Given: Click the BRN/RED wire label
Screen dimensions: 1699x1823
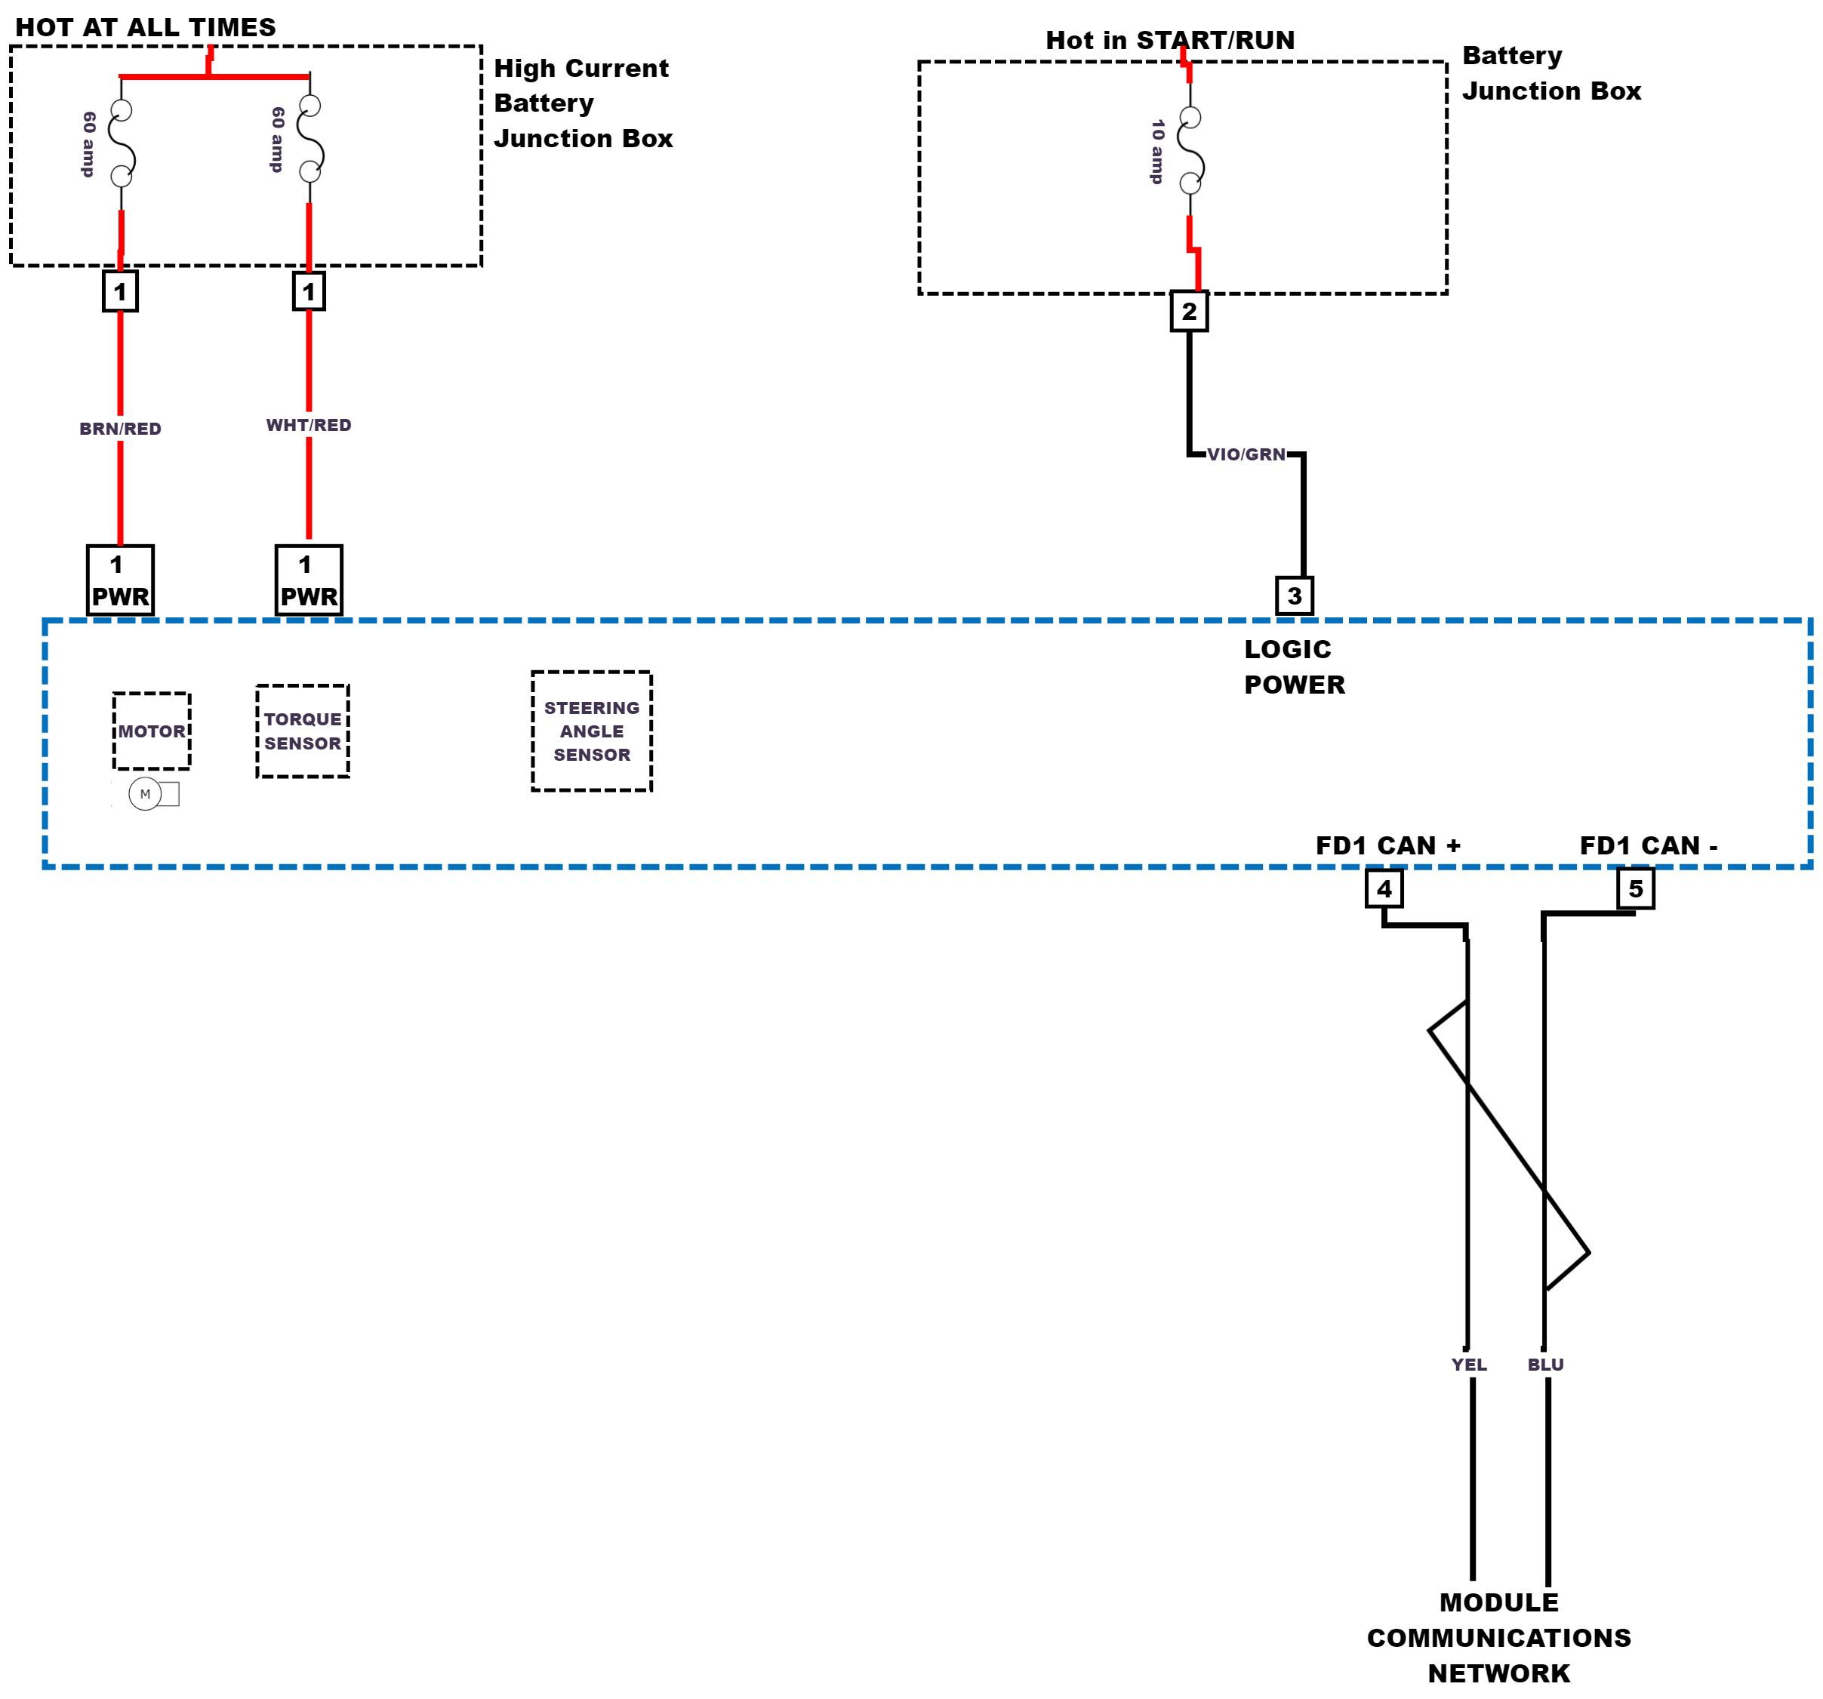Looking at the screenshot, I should [120, 429].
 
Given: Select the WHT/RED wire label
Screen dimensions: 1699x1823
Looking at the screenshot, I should [308, 426].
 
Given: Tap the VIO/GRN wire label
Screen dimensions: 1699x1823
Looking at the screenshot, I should [1246, 455].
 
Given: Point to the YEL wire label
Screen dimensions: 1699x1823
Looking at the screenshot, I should [1469, 1365].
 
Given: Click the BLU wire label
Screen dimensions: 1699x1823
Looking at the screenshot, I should [1545, 1365].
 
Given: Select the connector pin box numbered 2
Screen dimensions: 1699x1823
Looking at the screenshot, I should [1190, 312].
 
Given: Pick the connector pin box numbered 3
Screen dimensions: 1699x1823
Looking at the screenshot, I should [1294, 596].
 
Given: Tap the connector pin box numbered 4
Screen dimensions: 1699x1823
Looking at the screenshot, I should [1384, 888].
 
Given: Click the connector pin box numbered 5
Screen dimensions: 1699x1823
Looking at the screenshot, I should [1635, 888].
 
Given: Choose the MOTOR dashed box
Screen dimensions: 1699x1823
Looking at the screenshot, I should [152, 731].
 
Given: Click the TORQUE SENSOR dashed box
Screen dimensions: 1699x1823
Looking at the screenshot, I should [303, 731].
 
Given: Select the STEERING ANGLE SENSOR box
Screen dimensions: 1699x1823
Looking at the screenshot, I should [592, 731].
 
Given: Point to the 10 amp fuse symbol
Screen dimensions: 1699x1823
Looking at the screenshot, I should [1190, 150].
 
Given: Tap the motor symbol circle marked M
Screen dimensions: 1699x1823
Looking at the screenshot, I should [145, 794].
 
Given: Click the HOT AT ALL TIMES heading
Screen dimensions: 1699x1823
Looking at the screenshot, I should [146, 27].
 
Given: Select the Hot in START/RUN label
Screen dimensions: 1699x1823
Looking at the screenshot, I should [1170, 40].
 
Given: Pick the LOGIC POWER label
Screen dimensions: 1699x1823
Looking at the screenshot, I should [1294, 666].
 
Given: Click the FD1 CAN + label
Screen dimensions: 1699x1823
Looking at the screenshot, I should [1387, 845].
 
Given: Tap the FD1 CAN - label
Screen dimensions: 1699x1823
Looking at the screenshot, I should [1648, 845].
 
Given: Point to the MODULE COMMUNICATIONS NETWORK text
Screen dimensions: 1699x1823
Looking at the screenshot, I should [1498, 1638].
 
